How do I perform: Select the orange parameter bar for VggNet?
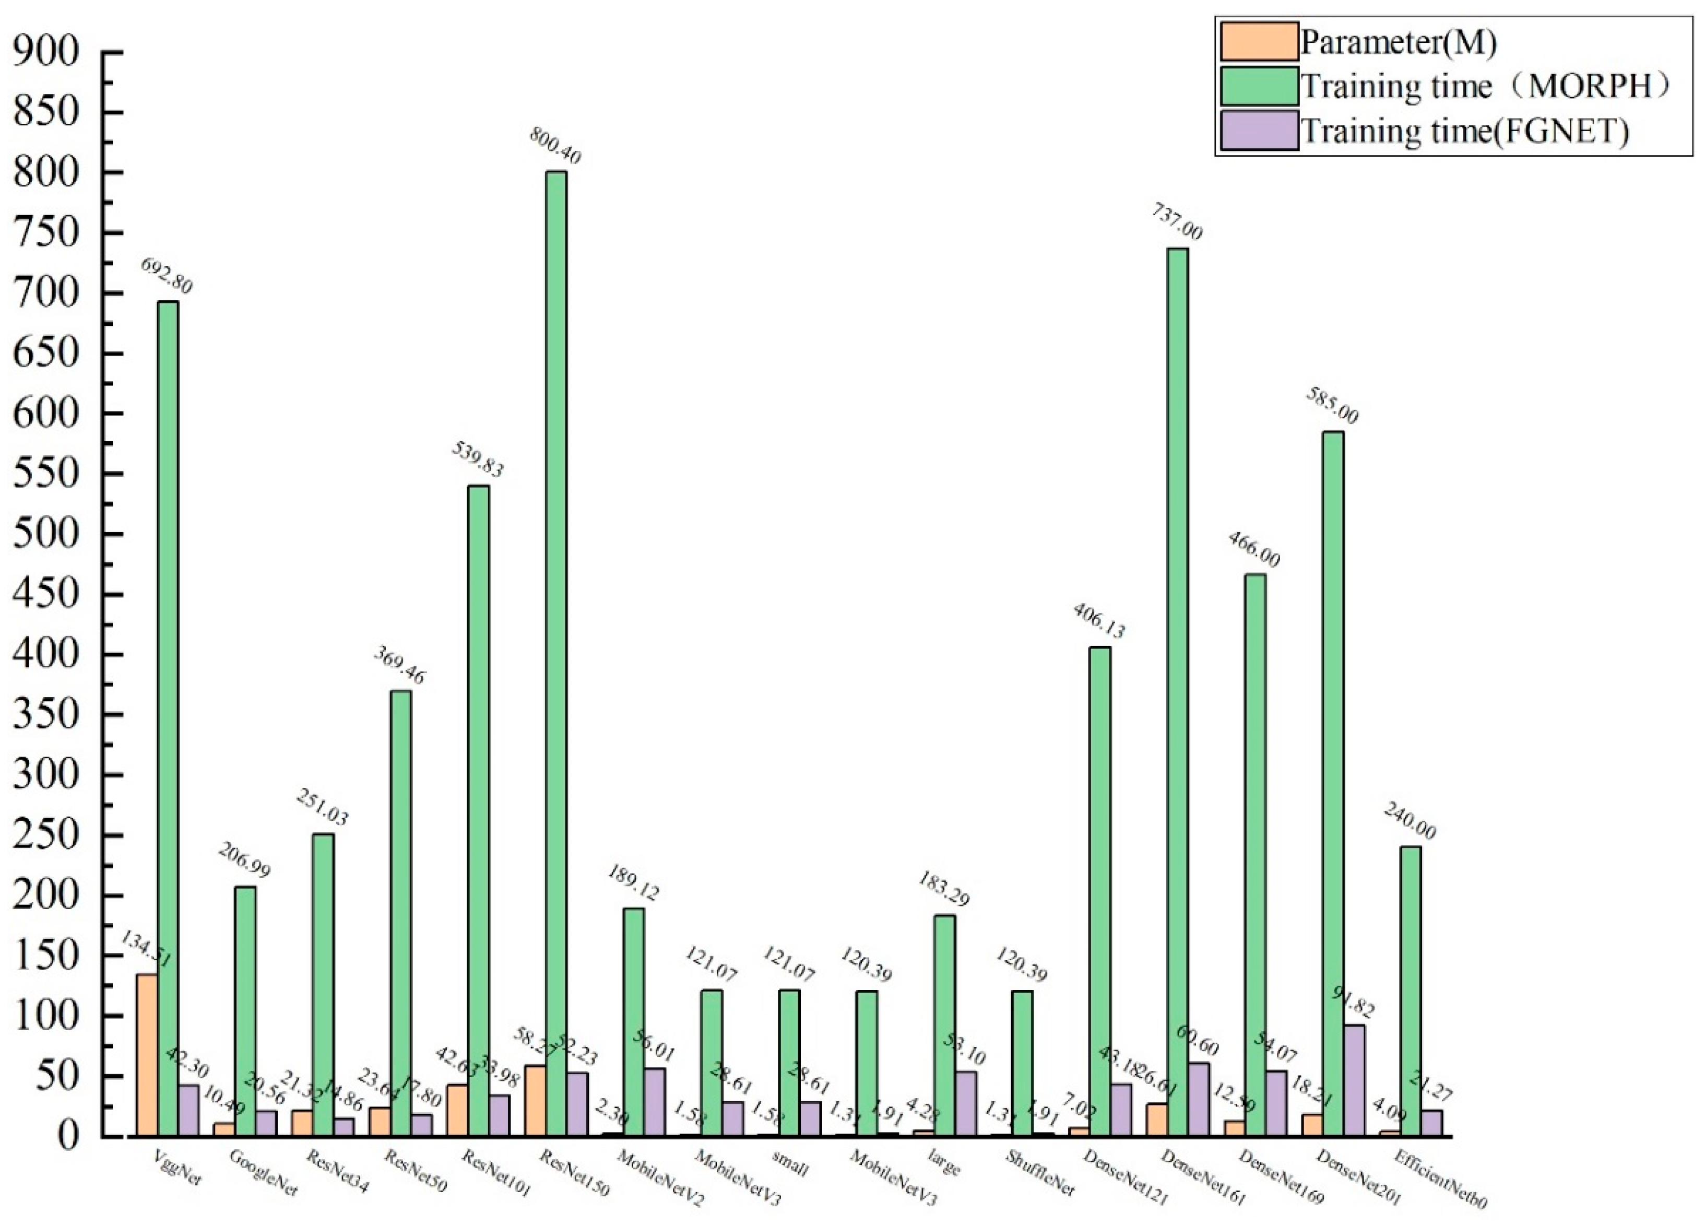point(147,1056)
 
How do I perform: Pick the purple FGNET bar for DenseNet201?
point(1354,1080)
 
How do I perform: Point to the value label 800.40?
point(555,146)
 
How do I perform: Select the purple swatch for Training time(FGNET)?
point(1259,131)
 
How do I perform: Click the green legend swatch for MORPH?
point(1259,87)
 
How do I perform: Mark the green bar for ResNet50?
point(400,914)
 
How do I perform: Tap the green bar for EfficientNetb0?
point(1411,991)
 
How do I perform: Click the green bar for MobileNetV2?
point(633,1023)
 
